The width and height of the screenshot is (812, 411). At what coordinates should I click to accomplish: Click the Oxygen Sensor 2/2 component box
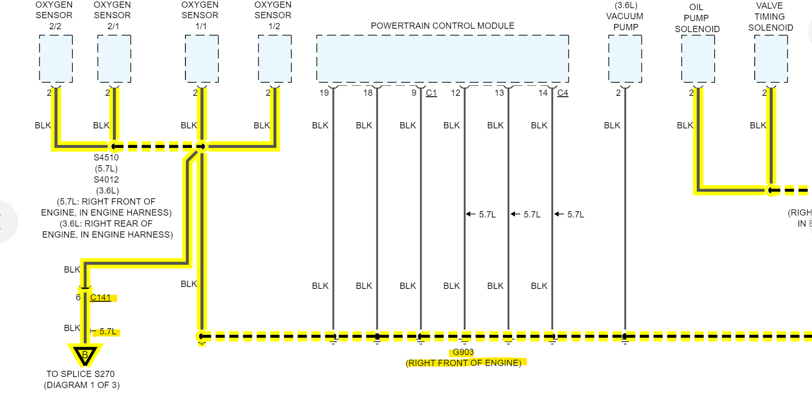coord(56,58)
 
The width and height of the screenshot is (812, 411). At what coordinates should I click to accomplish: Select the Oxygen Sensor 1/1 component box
coord(202,58)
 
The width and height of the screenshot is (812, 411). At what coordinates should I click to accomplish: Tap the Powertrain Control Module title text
coord(442,26)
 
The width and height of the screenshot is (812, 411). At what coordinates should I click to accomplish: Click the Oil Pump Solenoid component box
coord(698,58)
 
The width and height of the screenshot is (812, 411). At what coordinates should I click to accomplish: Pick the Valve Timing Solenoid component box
coord(771,58)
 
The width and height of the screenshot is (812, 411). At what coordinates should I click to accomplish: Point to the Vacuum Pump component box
coord(625,58)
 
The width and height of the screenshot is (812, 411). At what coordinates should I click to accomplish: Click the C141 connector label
coord(101,297)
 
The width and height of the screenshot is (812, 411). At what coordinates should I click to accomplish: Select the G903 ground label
coord(463,352)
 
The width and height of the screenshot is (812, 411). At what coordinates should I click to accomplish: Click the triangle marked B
coord(85,355)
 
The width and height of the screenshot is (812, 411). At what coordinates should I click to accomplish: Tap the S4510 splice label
coord(106,158)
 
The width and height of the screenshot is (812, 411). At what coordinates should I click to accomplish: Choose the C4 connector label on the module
coord(562,93)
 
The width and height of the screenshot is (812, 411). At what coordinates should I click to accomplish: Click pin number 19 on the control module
coord(324,93)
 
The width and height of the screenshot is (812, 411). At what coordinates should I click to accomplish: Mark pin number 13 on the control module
coord(499,93)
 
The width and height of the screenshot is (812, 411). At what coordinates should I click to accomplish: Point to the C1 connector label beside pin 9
coord(431,93)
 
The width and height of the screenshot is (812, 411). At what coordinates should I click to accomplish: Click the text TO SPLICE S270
coord(80,374)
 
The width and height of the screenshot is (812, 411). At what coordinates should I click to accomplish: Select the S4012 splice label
coord(106,180)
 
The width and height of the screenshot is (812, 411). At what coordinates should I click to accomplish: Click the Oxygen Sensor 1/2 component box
coord(274,58)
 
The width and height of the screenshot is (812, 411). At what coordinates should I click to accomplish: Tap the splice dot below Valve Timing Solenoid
coord(770,190)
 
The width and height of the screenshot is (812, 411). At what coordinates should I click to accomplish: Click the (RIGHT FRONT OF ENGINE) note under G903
coord(464,363)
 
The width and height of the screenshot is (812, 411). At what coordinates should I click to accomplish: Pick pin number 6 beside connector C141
coord(78,297)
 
